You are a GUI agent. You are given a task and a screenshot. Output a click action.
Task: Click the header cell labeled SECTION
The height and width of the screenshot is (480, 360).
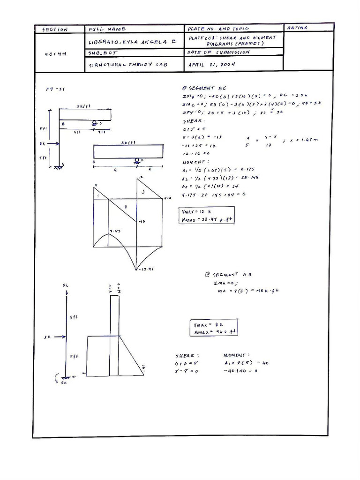[x=55, y=30]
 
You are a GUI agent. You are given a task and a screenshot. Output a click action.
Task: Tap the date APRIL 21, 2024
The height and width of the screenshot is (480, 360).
[x=212, y=65]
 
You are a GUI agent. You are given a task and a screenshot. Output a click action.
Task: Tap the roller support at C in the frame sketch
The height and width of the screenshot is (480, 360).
[x=95, y=123]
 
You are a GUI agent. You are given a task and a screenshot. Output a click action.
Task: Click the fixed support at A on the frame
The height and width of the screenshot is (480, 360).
[x=57, y=166]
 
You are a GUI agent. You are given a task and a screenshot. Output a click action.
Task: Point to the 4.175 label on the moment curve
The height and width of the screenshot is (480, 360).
[x=115, y=231]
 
